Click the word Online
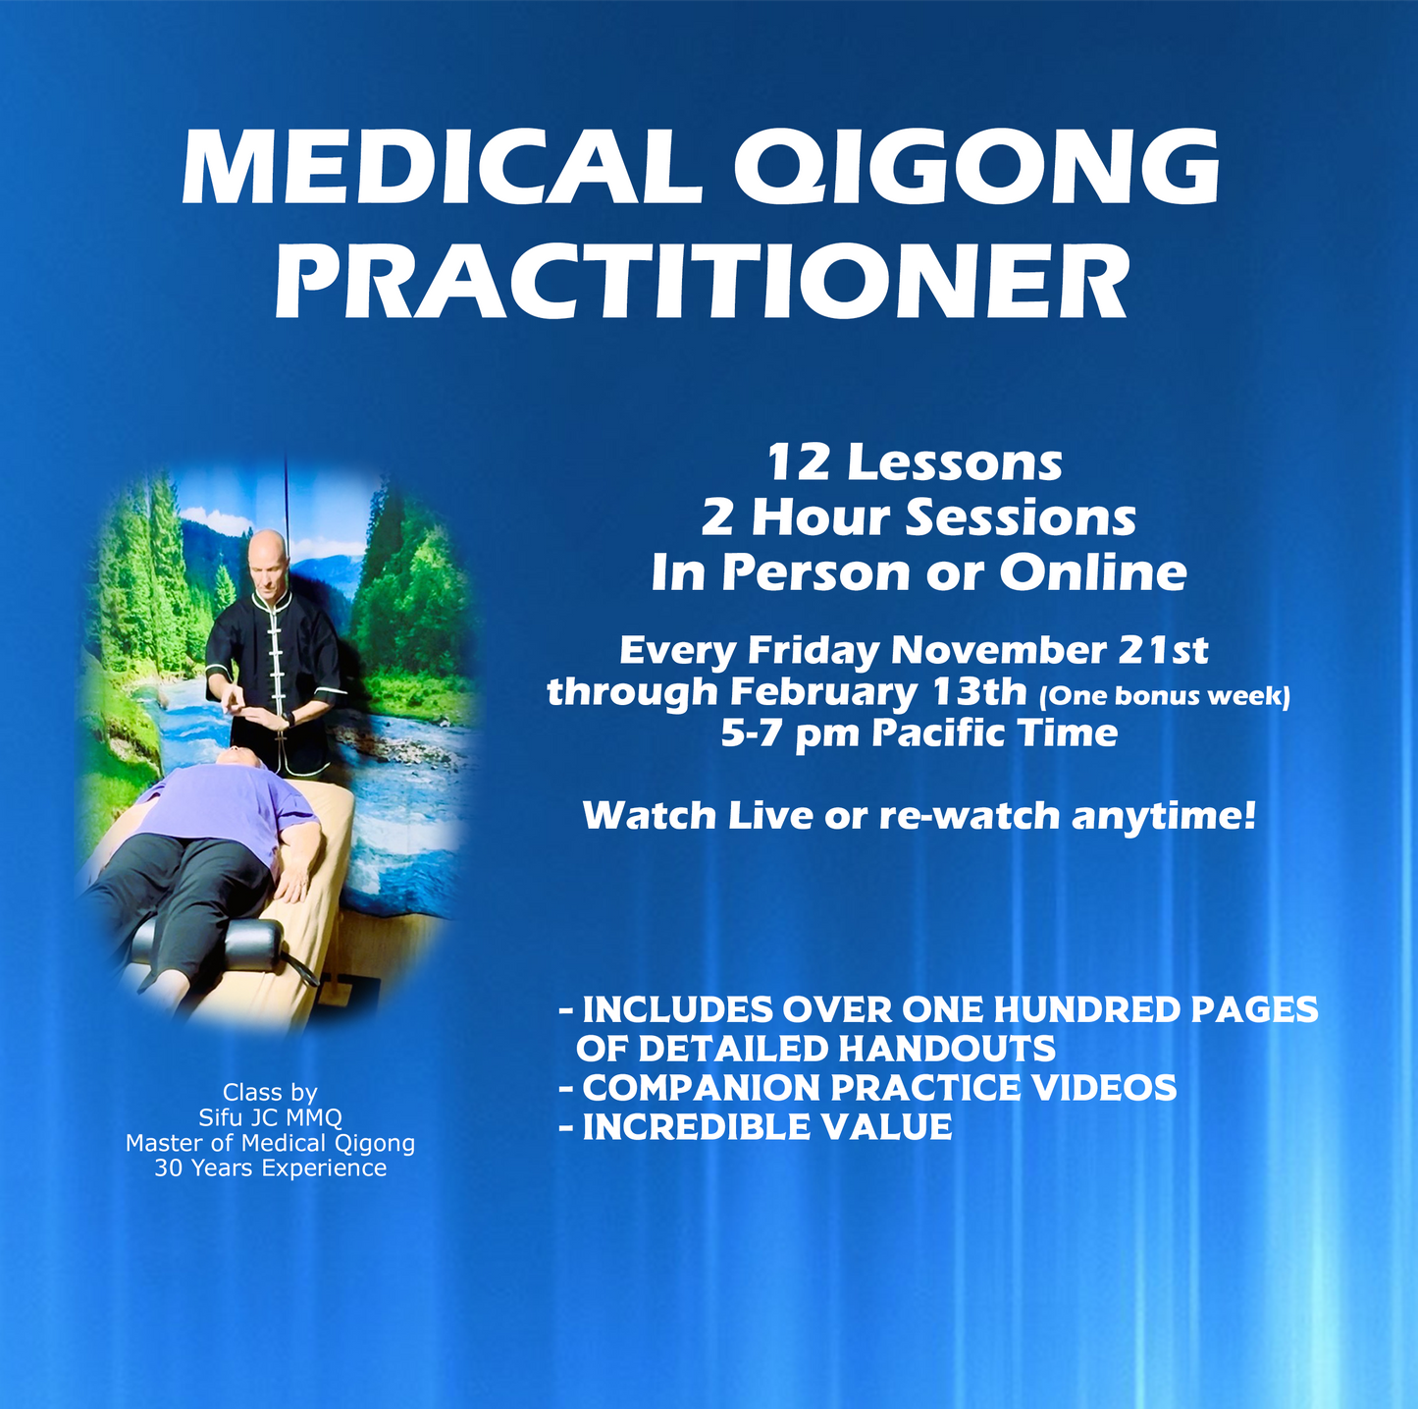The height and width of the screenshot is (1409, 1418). tap(1092, 572)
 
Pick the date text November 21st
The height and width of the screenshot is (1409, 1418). tap(1049, 650)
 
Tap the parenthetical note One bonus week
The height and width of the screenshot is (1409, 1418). tap(1164, 696)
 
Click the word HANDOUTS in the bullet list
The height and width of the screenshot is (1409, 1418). tap(946, 1049)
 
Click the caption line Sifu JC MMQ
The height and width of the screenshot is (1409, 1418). tap(270, 1117)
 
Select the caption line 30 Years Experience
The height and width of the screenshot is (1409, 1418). tap(270, 1168)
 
